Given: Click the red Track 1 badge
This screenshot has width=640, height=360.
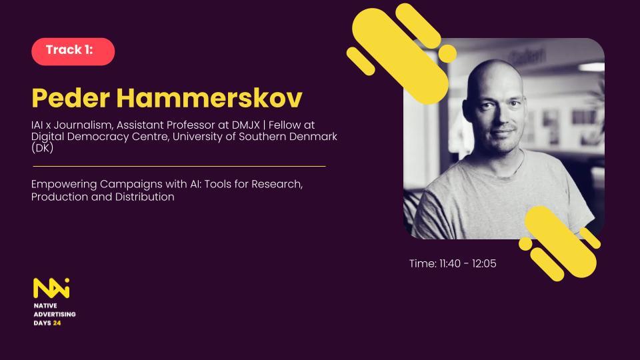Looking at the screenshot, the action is pyautogui.click(x=73, y=51).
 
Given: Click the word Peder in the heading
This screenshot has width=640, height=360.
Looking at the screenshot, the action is pyautogui.click(x=71, y=98).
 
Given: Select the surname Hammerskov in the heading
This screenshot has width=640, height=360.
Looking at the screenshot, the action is pyautogui.click(x=209, y=98).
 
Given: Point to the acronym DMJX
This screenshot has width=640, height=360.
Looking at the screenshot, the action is pyautogui.click(x=245, y=125).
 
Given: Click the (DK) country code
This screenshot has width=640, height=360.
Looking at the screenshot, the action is pyautogui.click(x=43, y=148).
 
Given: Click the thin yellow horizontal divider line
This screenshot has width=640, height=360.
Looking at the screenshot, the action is pyautogui.click(x=179, y=167).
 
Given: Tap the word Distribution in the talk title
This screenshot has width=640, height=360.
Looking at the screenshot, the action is pyautogui.click(x=145, y=197).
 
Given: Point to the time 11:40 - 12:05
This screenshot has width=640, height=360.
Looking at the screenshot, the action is pyautogui.click(x=453, y=264).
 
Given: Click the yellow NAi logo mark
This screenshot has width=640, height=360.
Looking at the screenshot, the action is pyautogui.click(x=51, y=288).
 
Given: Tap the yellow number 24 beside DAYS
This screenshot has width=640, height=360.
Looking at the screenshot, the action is pyautogui.click(x=57, y=323).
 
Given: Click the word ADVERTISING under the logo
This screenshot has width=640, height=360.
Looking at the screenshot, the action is pyautogui.click(x=55, y=314).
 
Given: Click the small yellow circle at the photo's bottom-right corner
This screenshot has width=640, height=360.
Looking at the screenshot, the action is pyautogui.click(x=526, y=244).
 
